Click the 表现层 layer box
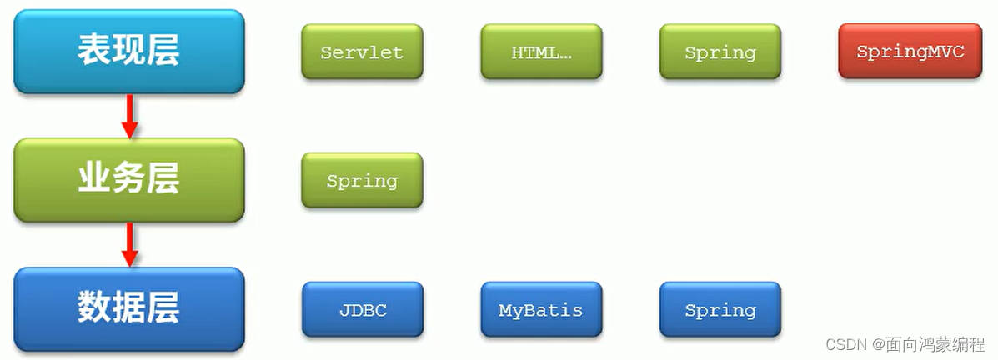click(128, 51)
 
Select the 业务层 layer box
click(128, 180)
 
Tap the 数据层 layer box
click(128, 309)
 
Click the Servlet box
click(362, 52)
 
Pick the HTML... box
click(541, 52)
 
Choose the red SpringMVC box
click(910, 52)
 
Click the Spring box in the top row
click(720, 52)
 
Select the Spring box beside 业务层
click(362, 180)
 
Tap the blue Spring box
click(720, 310)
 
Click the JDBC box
click(362, 310)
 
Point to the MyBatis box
click(541, 310)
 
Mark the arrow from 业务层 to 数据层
click(129, 244)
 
